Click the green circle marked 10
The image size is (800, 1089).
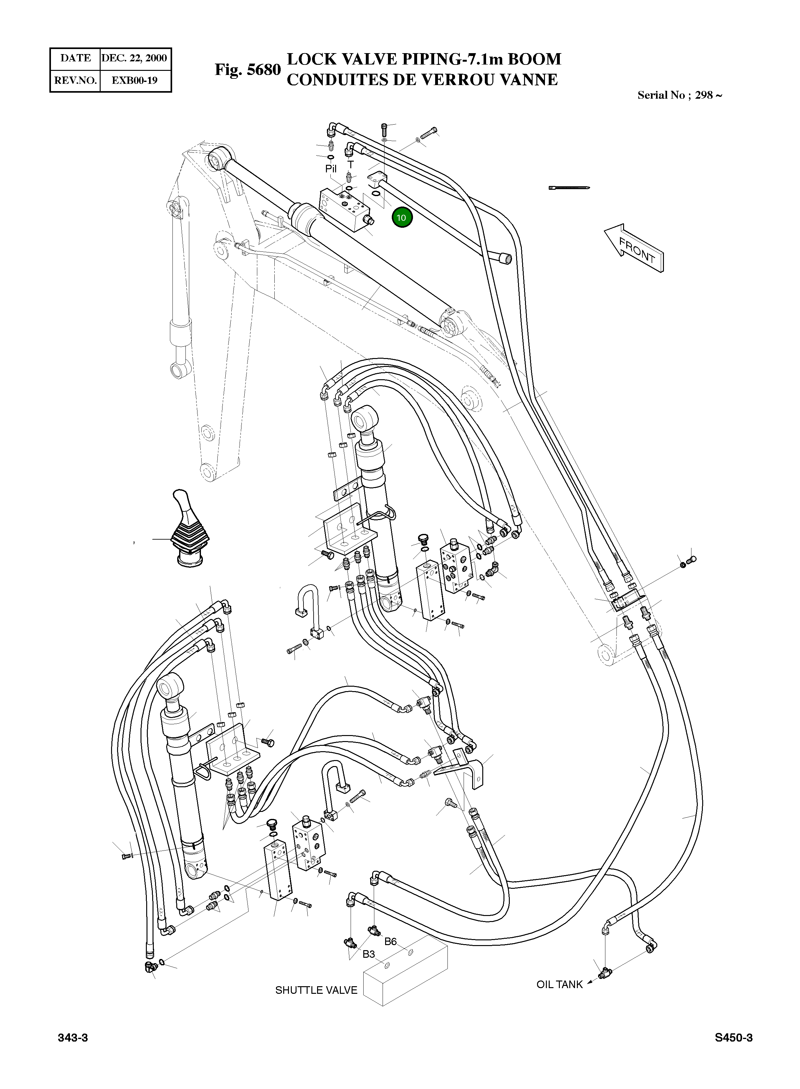pyautogui.click(x=402, y=218)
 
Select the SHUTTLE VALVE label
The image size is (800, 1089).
pyautogui.click(x=316, y=990)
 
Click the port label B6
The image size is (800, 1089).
pyautogui.click(x=390, y=941)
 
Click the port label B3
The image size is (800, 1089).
pyautogui.click(x=369, y=954)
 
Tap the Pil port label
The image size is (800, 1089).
pyautogui.click(x=331, y=169)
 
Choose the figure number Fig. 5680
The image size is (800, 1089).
pyautogui.click(x=247, y=70)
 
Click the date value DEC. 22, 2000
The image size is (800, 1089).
pyautogui.click(x=134, y=58)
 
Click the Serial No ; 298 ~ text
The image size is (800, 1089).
pyautogui.click(x=680, y=95)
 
